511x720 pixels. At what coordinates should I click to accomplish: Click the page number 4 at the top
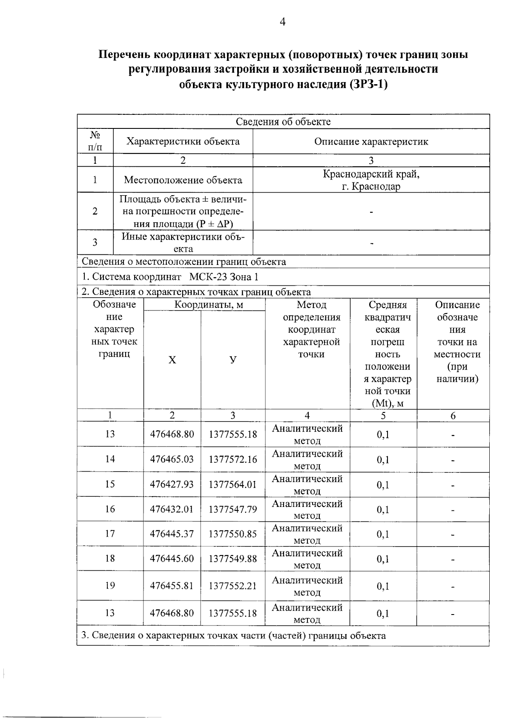282,22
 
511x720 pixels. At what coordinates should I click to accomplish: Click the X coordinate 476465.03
172,459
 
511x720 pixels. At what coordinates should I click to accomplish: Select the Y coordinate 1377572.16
233,459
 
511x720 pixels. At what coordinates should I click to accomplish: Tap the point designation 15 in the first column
110,484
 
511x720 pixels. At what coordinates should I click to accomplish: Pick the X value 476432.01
172,509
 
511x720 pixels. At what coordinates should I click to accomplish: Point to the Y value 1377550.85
233,534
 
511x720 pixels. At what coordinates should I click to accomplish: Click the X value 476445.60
172,558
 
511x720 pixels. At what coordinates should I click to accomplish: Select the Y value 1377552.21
233,586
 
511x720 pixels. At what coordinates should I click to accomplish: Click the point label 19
110,586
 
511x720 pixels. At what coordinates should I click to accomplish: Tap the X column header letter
172,360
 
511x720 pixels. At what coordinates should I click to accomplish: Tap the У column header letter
233,360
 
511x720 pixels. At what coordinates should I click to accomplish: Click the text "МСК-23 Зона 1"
224,277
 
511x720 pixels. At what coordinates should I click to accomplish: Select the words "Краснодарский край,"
371,174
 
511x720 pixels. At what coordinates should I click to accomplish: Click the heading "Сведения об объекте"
283,122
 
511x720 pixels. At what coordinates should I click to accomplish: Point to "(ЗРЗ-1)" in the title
368,84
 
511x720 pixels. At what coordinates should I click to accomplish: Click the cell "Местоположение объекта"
183,180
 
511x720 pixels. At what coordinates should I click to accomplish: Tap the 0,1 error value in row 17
383,534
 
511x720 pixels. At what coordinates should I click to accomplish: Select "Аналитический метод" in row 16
307,509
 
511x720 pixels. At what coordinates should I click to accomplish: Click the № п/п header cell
95,141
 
